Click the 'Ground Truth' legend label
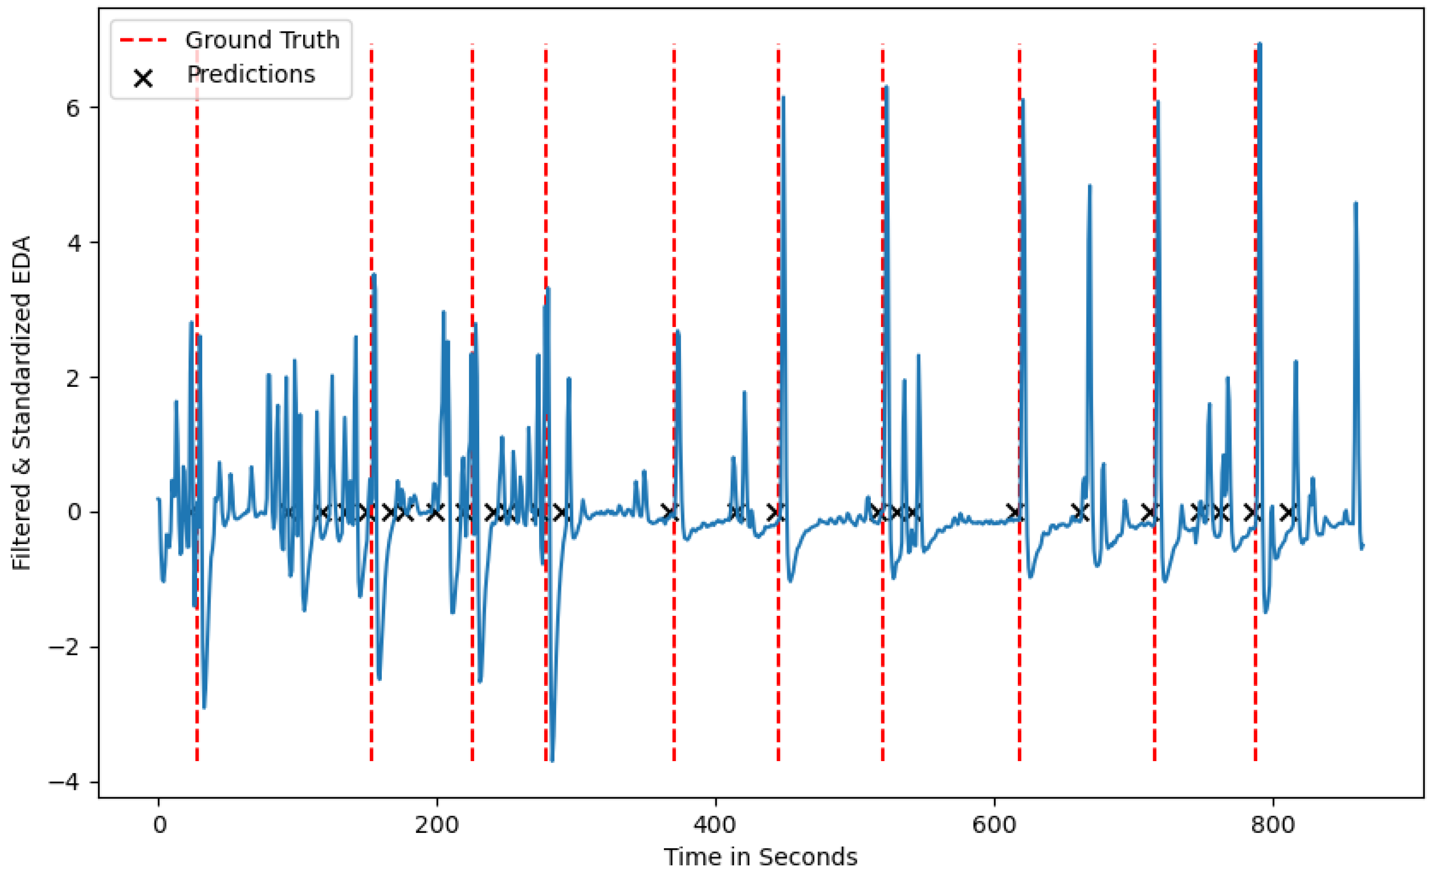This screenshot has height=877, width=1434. click(262, 40)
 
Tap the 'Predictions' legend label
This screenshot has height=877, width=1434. click(251, 75)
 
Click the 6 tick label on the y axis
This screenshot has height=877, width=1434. click(73, 108)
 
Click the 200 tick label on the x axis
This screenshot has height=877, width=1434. click(437, 825)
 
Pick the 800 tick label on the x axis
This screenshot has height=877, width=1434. click(1272, 825)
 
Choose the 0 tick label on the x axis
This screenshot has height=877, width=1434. click(159, 825)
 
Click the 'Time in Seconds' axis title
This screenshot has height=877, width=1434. click(760, 857)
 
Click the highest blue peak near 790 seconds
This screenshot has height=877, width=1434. click(1260, 44)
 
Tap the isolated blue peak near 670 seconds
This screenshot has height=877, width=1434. click(1089, 186)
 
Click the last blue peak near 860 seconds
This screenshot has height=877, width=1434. click(1356, 204)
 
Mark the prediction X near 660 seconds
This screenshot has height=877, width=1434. click(1080, 512)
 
